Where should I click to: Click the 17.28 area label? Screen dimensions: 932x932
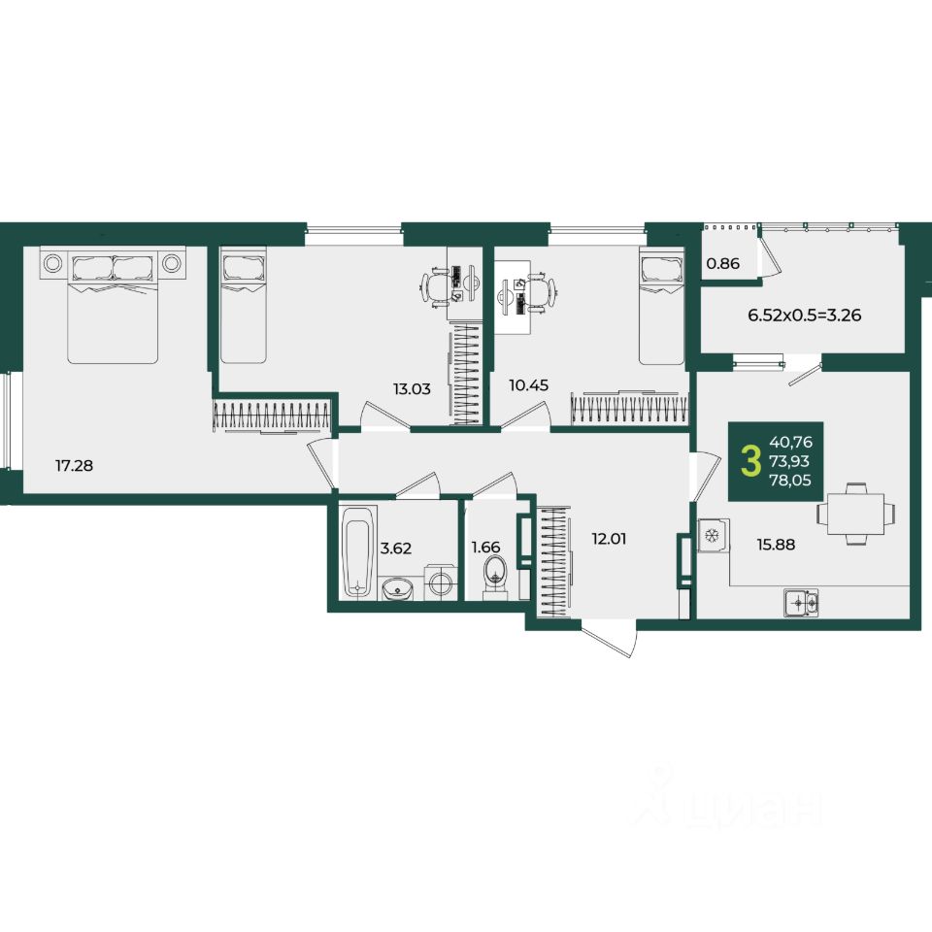(x=75, y=465)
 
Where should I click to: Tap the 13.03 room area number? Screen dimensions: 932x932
(x=412, y=389)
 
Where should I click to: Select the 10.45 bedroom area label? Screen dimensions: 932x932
(x=528, y=385)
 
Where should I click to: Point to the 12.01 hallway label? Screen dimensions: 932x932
(x=610, y=539)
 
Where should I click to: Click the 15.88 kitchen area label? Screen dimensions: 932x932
(x=776, y=544)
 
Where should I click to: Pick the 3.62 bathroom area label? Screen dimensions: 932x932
(x=396, y=548)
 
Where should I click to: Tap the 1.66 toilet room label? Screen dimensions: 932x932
(x=485, y=547)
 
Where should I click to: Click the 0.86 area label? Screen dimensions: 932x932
(x=723, y=263)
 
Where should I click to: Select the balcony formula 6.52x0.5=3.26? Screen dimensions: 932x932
(x=804, y=315)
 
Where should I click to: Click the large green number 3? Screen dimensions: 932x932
(x=750, y=462)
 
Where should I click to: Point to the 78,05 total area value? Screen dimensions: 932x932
(x=790, y=481)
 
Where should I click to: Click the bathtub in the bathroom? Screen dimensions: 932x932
(x=358, y=551)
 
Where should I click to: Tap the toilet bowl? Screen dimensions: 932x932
(x=494, y=577)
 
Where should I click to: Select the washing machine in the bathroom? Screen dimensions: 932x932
(x=441, y=582)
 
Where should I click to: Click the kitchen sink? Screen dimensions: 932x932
(x=801, y=603)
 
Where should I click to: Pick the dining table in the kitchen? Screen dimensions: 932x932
(x=854, y=514)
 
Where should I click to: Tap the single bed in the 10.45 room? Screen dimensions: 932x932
(x=661, y=307)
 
